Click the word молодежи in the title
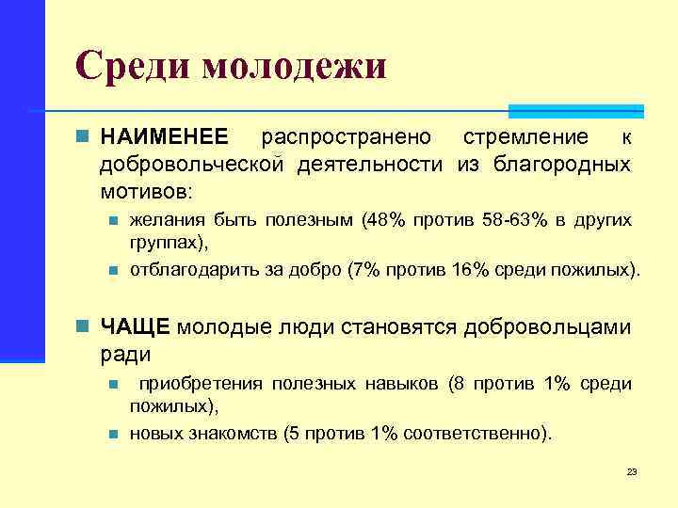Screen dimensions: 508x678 (295, 68)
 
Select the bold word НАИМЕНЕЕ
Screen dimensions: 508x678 (164, 138)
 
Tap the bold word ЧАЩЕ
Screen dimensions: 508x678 (135, 326)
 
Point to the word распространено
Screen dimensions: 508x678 (347, 138)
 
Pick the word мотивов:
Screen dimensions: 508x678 (146, 191)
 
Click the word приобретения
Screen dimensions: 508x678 (202, 384)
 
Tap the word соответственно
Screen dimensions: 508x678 (472, 435)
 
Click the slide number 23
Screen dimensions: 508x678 (632, 471)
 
